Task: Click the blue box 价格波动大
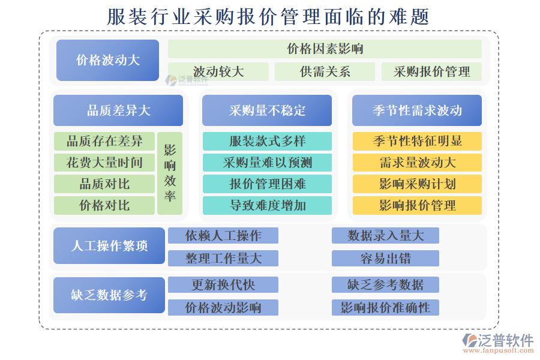point(107,60)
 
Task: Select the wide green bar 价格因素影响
point(325,49)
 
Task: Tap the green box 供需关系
point(325,71)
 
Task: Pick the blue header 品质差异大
point(118,110)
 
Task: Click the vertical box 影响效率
point(170,173)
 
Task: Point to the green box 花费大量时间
point(104,162)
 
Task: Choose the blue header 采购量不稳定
point(267,110)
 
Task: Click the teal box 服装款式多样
point(267,141)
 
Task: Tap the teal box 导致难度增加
point(267,205)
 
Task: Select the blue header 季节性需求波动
point(417,110)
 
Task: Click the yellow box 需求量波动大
point(417,162)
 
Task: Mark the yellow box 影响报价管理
point(417,205)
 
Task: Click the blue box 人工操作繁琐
point(109,245)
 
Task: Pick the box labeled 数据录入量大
point(385,236)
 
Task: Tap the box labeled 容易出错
point(385,258)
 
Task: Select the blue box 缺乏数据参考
point(109,295)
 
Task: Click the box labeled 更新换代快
point(223,285)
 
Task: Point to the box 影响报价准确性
point(385,307)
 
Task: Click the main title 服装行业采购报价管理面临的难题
point(268,17)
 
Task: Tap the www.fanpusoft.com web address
point(499,350)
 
